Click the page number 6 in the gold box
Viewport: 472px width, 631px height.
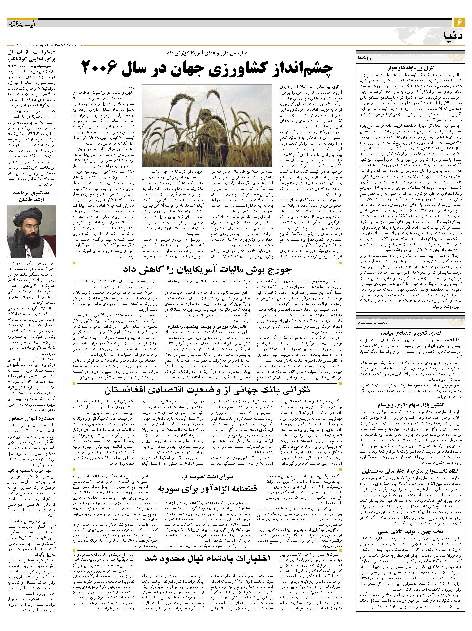[x=459, y=22]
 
